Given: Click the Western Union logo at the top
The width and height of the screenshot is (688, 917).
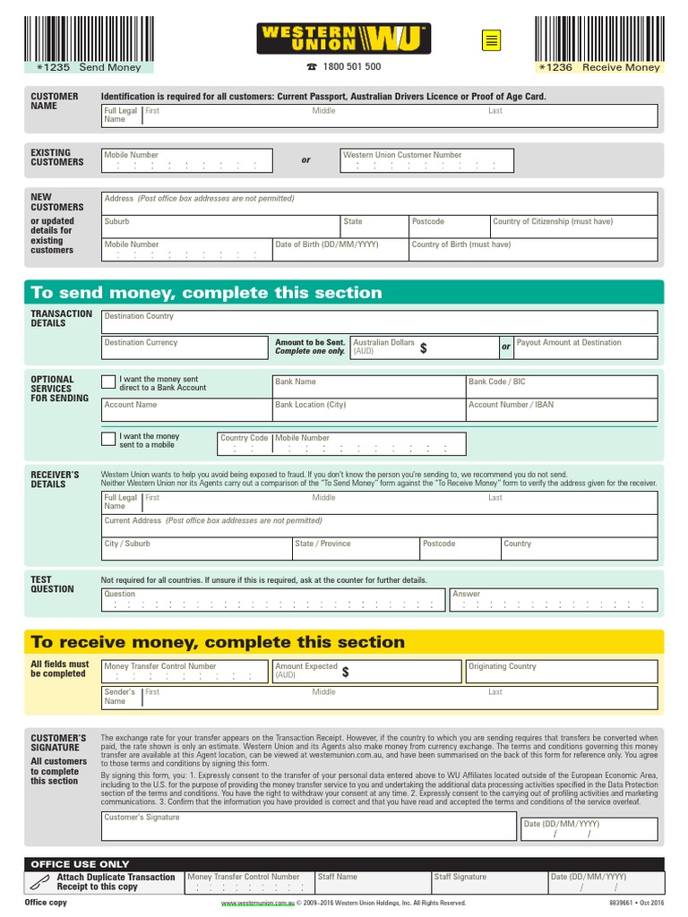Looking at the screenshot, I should (x=344, y=39).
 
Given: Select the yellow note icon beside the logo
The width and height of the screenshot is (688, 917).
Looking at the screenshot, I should (x=490, y=40).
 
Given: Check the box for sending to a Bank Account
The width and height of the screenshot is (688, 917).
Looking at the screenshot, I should (x=108, y=382).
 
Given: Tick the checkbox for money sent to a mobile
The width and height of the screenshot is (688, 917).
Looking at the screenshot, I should (x=108, y=438).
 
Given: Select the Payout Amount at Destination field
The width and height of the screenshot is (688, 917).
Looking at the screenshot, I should (x=585, y=347).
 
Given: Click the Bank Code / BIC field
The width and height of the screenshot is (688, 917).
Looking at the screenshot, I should (x=561, y=387).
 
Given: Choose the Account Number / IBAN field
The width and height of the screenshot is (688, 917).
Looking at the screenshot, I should (x=561, y=410).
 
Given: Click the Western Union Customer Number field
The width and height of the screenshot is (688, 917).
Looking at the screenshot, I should (x=427, y=161).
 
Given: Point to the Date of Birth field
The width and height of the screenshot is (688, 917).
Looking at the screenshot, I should (x=340, y=250).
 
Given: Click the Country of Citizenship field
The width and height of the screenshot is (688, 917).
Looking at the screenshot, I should (x=573, y=227).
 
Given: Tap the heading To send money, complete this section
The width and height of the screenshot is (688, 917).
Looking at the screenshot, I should (x=206, y=293).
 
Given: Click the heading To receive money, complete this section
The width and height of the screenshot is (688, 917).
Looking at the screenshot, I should (x=218, y=642).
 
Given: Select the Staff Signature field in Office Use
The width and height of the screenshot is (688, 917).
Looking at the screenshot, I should (x=488, y=883).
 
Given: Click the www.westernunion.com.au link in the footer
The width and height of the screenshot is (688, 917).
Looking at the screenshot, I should (x=258, y=904).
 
